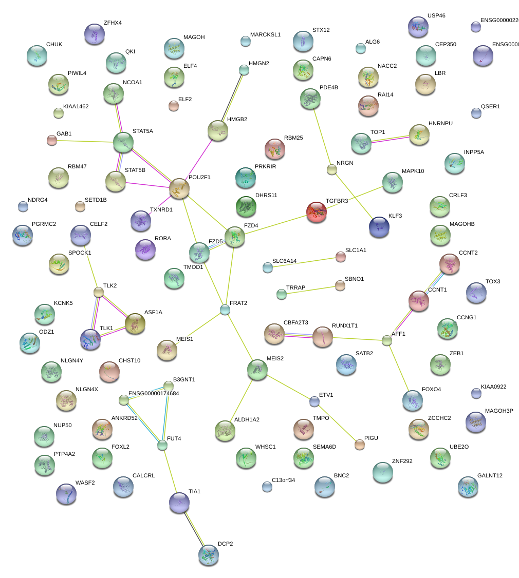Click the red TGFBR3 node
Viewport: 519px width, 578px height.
click(316, 212)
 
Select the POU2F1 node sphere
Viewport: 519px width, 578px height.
click(179, 188)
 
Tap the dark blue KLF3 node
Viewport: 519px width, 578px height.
click(380, 226)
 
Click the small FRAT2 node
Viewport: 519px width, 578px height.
click(225, 310)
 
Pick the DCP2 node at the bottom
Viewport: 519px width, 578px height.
click(208, 555)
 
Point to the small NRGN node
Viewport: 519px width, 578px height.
click(331, 169)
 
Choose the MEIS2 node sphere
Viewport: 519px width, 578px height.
click(257, 369)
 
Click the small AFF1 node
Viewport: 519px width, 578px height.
click(387, 340)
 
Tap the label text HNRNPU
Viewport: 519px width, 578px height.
click(440, 124)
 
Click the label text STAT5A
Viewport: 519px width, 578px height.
click(142, 131)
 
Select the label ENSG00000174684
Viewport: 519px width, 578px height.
click(153, 393)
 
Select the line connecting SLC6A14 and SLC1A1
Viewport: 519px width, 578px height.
click(304, 262)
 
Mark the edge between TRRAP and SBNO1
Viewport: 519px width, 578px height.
click(310, 290)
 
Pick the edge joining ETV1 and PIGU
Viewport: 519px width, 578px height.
click(337, 422)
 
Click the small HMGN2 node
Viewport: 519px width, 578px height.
click(244, 70)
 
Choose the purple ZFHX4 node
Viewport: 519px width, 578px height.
click(94, 34)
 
